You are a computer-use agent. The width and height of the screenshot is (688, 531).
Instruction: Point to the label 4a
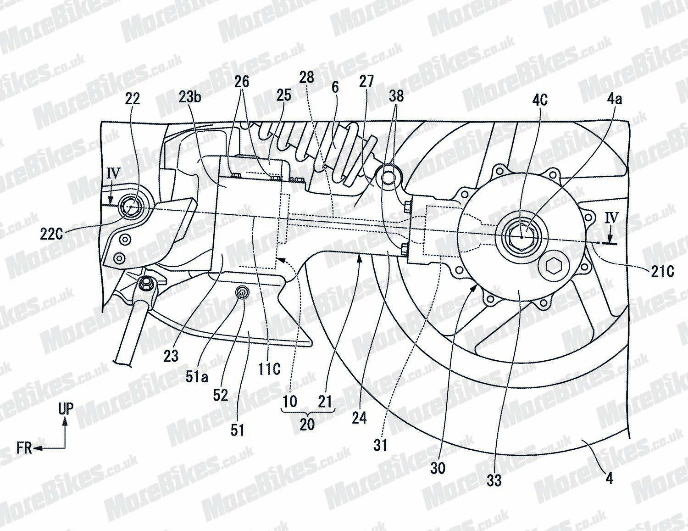(x=614, y=98)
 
